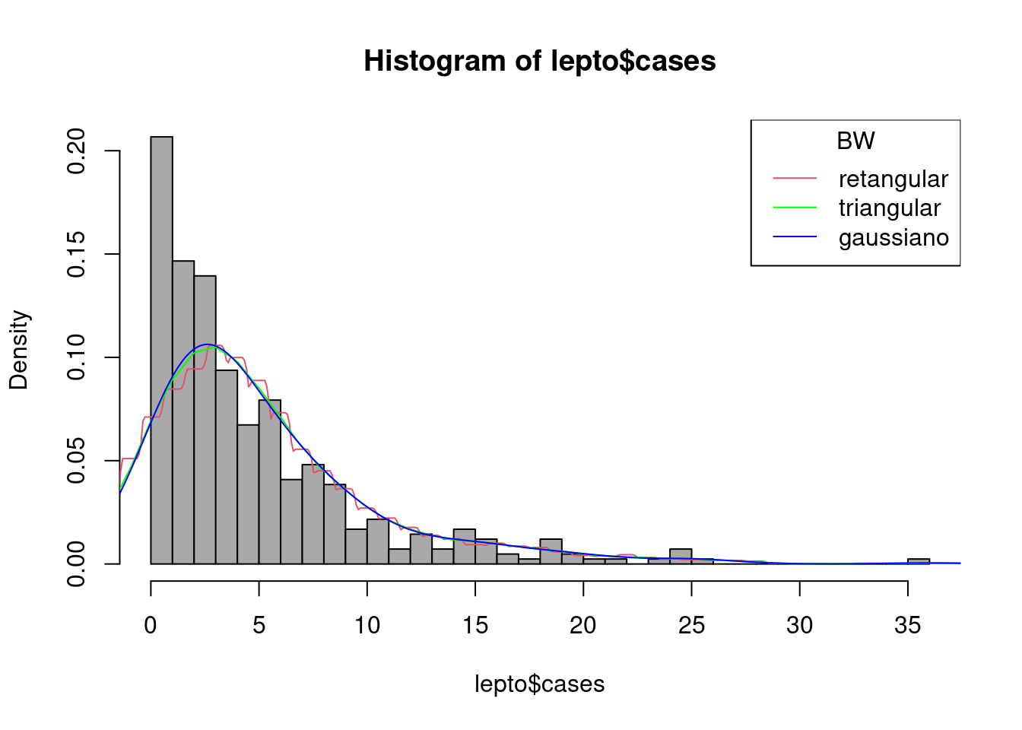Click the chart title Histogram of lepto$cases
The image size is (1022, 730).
click(539, 61)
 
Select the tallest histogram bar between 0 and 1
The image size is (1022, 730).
click(161, 350)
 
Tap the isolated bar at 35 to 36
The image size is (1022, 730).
click(918, 561)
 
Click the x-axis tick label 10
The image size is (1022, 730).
click(367, 625)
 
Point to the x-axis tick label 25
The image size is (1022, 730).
click(691, 625)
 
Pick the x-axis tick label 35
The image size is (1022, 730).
click(907, 625)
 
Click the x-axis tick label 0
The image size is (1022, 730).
click(151, 625)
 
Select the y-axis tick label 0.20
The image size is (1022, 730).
click(76, 151)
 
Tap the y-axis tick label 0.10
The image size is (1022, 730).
click(76, 357)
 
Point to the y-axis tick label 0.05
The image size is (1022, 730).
click(76, 461)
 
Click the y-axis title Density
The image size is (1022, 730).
click(18, 350)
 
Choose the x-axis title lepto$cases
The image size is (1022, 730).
click(539, 684)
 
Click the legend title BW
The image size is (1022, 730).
click(855, 141)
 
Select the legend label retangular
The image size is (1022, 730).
click(893, 179)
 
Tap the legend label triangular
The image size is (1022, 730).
click(889, 208)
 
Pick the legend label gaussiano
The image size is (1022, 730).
click(893, 238)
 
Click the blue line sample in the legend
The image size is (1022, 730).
click(795, 237)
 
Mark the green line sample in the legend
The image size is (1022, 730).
click(795, 208)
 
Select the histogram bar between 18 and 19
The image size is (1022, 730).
click(551, 551)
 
